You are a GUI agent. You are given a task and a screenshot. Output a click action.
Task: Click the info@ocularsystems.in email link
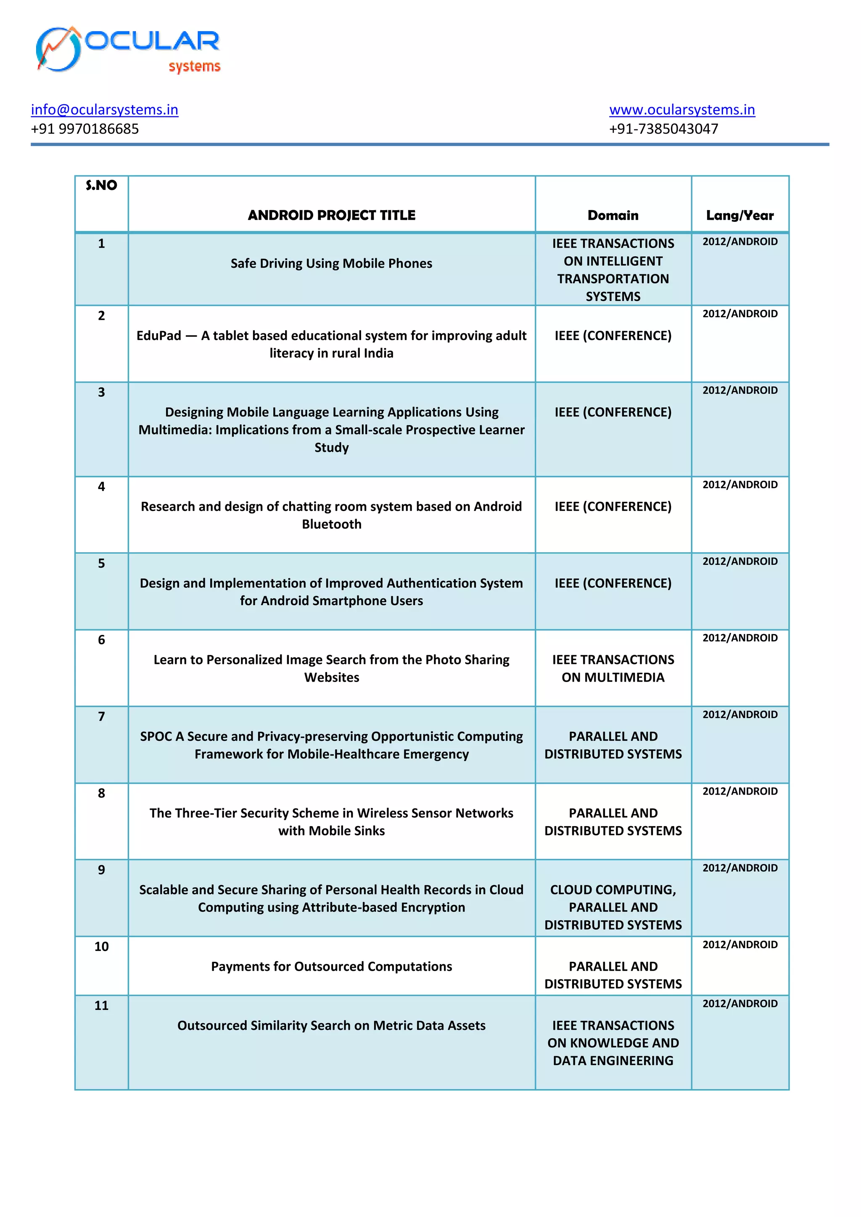104,110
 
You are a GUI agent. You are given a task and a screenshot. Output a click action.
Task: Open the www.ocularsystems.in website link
682,110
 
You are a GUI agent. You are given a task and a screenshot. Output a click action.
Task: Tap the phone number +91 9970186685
85,129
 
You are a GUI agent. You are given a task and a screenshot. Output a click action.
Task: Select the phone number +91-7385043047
663,129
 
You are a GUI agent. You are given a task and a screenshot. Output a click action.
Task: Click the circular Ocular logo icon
58,49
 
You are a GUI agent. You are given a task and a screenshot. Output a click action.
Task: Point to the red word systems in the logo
194,67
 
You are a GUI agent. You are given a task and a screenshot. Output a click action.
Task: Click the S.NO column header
101,185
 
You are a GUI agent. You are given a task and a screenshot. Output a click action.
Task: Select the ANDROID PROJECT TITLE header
331,215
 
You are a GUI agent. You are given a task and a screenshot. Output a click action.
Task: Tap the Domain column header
613,215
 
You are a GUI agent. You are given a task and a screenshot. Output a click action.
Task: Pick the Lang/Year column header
740,215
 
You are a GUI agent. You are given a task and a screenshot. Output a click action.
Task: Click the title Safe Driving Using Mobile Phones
331,263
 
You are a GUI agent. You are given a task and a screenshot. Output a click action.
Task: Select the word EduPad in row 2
158,335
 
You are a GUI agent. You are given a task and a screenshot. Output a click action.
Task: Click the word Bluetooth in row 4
331,524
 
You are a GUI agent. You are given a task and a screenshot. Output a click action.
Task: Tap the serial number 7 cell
101,717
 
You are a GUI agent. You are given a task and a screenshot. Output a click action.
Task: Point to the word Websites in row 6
331,677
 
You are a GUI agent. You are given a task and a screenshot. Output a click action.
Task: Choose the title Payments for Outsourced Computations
331,966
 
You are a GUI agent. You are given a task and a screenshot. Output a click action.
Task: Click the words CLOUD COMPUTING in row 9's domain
613,890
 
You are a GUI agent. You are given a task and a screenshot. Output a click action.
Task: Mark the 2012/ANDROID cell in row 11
740,1004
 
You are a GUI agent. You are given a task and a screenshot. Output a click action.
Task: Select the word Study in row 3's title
331,448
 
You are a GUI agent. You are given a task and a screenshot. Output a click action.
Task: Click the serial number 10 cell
101,947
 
